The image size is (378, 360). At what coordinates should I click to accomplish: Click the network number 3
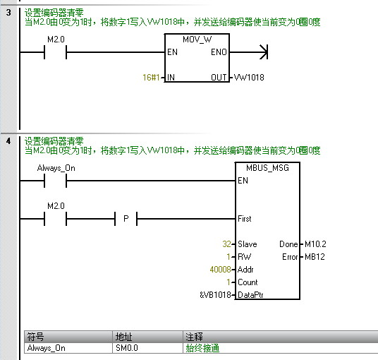[8, 13]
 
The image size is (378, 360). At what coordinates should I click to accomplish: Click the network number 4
[8, 141]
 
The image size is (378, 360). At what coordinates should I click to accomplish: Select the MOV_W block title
[197, 40]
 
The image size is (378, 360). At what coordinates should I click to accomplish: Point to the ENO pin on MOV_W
[219, 52]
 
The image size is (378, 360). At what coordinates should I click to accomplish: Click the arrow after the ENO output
[263, 52]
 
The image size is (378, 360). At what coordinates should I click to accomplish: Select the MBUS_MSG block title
[269, 168]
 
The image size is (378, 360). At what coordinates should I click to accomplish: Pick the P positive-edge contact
[126, 219]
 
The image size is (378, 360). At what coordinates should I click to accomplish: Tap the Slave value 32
[226, 244]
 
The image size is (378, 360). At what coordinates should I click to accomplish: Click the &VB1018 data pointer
[216, 295]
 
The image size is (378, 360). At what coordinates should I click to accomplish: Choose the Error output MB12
[313, 257]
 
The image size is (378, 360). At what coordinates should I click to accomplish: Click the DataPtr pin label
[253, 295]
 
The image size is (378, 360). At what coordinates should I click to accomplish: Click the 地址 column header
[123, 337]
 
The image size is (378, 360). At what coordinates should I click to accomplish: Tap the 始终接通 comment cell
[202, 348]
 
